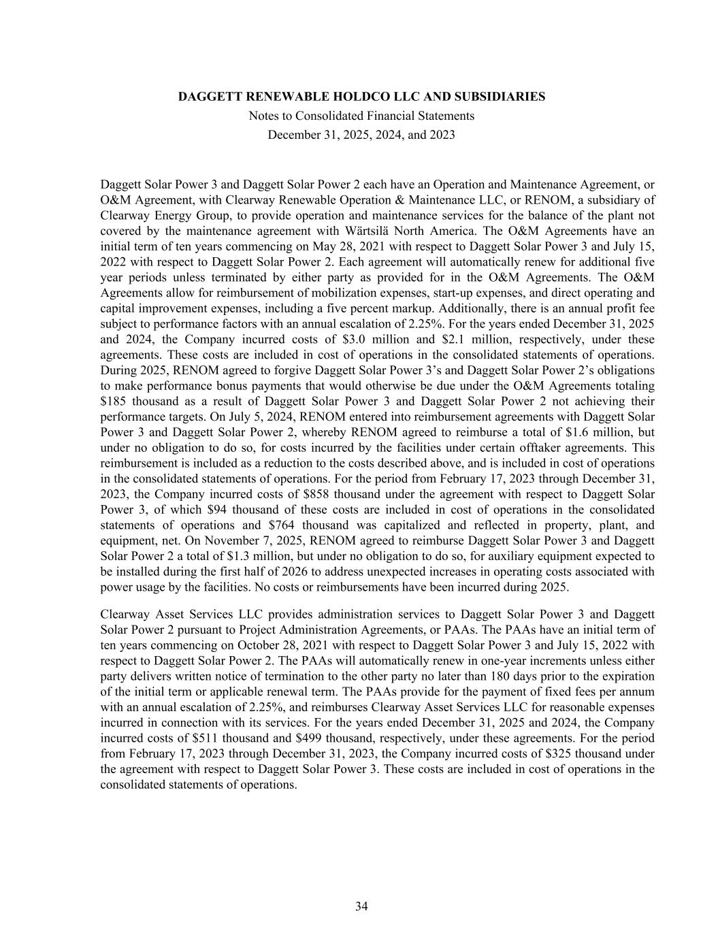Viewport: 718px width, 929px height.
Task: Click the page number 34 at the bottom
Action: pyautogui.click(x=361, y=906)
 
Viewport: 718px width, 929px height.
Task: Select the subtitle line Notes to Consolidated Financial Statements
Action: pyautogui.click(x=361, y=116)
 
